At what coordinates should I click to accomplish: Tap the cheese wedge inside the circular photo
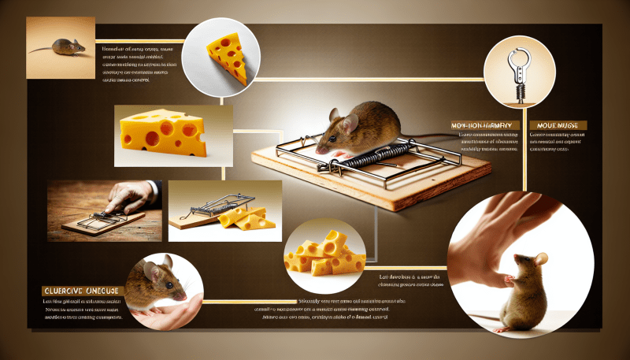[x=228, y=56]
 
